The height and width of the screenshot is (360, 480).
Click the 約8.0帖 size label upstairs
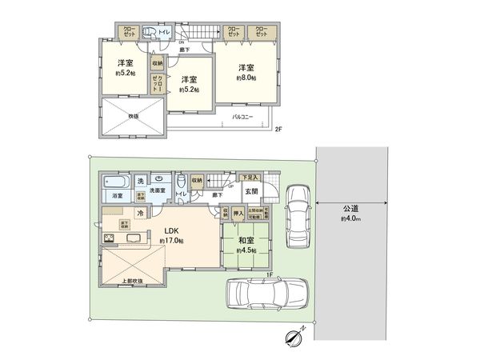246,79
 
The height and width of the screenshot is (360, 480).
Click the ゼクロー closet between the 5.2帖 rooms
158,82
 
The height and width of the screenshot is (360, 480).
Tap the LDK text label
173,230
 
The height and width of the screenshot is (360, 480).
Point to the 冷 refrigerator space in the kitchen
141,213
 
